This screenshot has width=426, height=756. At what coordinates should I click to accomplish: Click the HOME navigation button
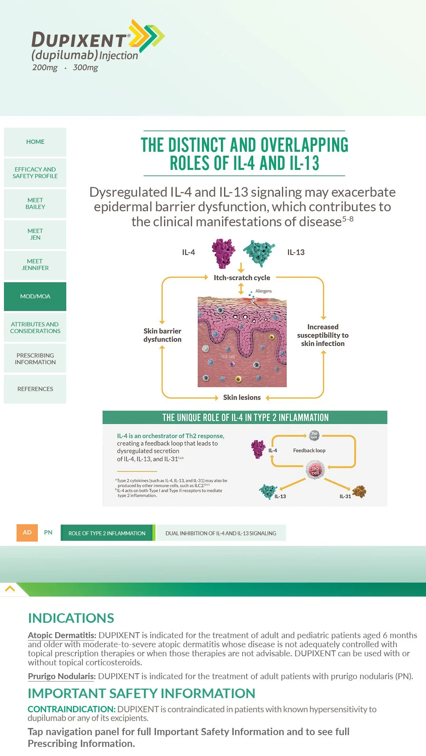(35, 142)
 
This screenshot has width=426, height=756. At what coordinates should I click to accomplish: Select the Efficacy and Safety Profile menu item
(35, 173)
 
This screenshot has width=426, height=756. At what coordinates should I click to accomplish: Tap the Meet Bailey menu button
(35, 203)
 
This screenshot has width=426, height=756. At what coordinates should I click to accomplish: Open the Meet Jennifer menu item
(35, 265)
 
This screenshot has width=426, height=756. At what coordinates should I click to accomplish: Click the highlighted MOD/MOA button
(35, 296)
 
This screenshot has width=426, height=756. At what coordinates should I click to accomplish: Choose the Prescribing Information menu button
(35, 359)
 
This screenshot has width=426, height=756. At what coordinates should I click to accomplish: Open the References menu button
(35, 389)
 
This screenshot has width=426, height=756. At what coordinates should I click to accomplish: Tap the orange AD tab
(27, 533)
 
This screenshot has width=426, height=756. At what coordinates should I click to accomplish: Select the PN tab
(48, 533)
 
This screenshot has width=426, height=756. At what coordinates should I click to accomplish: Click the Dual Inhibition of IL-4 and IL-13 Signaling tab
(221, 533)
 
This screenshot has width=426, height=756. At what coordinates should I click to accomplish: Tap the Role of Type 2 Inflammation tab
(107, 533)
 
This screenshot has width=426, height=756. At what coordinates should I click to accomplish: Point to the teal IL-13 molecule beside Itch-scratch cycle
(259, 253)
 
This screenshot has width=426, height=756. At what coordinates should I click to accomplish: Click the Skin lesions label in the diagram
(242, 397)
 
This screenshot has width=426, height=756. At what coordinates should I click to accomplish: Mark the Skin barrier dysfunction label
(163, 335)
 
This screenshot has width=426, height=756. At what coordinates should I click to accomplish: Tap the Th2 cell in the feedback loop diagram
(315, 470)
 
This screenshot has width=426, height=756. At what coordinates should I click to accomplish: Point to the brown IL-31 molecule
(359, 492)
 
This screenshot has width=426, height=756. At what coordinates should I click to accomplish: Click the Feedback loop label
(309, 451)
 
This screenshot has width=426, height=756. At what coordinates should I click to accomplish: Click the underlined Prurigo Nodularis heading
(62, 676)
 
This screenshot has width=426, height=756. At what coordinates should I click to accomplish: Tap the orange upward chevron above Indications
(10, 589)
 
